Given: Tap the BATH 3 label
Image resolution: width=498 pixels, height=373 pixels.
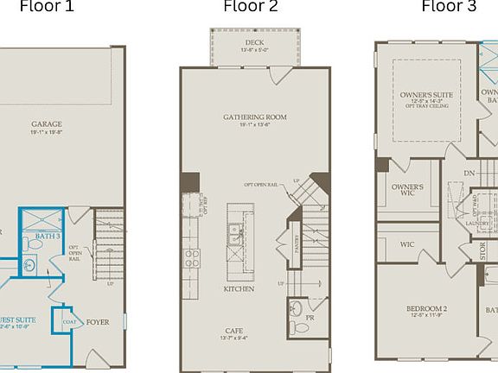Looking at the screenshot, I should tap(48, 236).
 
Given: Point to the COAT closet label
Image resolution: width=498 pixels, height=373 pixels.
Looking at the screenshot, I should tap(70, 322).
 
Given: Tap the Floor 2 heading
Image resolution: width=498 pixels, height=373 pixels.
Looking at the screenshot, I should tap(251, 8).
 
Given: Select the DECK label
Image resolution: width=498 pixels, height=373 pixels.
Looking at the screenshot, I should tap(254, 41).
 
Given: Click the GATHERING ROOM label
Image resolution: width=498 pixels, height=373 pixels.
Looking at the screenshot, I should tap(254, 117).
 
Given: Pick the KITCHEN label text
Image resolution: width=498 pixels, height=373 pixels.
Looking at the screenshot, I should tap(239, 288).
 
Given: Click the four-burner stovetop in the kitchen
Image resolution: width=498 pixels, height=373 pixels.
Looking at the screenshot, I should tap(190, 256).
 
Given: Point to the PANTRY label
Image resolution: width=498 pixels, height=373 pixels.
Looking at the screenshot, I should tap(297, 236).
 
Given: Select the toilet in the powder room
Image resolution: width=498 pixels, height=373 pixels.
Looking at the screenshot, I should tap(296, 326).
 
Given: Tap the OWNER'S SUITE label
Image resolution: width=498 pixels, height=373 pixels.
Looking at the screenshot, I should tap(426, 94).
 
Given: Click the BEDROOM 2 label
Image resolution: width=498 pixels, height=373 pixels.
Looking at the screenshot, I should tap(426, 308).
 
